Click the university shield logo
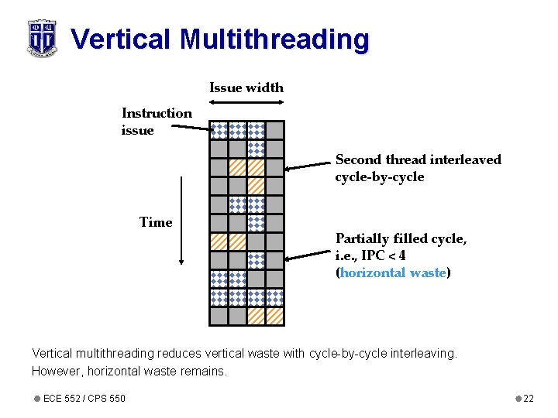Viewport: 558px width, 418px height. tap(42, 37)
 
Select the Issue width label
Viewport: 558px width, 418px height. tap(246, 87)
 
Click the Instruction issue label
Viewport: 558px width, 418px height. tap(157, 122)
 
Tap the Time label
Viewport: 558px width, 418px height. tap(156, 222)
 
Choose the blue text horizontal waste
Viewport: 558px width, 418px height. tap(393, 272)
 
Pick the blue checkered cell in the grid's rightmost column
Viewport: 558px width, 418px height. tap(275, 297)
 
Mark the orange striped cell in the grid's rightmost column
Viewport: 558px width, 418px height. tap(275, 316)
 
